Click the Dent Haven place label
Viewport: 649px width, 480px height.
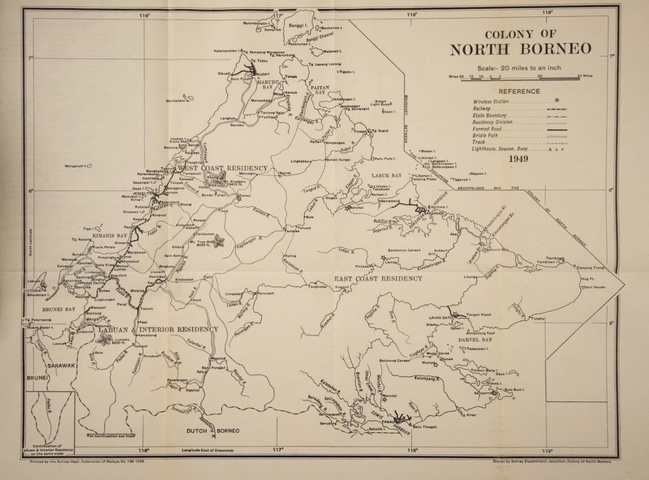click(x=600, y=286)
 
